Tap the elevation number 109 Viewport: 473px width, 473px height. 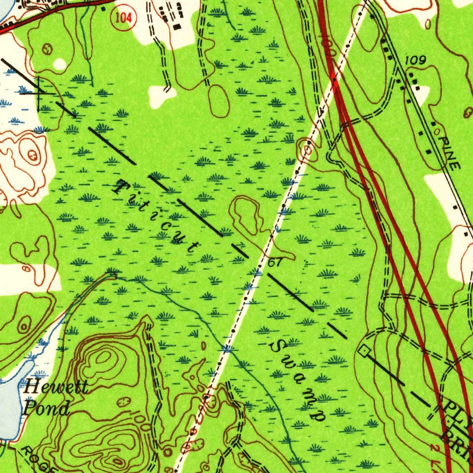416,61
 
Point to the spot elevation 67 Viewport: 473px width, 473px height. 275,263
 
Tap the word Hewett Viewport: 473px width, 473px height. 55,386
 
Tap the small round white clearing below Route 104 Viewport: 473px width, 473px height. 60,64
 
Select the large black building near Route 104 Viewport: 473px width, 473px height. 177,27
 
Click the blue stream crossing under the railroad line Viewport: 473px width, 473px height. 226,347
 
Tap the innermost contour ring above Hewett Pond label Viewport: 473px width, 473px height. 103,357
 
